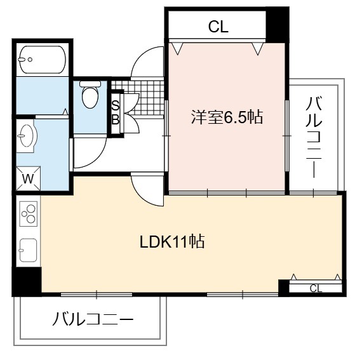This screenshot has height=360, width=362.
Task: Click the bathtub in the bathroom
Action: pos(43,60)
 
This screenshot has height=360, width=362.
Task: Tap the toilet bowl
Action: pos(90,95)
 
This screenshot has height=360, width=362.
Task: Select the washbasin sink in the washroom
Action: pos(27,136)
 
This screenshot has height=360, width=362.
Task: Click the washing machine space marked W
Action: pos(28,178)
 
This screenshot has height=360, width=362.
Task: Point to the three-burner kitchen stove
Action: pos(29,214)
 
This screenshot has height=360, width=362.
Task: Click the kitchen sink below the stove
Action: pos(28,250)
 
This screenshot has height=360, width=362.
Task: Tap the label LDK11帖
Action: pos(172,241)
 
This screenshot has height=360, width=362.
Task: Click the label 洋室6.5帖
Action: pos(227,117)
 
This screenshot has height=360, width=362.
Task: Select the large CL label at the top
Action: pos(218,27)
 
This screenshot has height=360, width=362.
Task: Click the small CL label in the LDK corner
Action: pos(316,288)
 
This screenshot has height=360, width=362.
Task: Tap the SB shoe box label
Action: pos(115,112)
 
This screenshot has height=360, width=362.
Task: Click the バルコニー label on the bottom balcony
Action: pos(93,319)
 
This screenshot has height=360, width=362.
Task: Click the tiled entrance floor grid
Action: pos(138,98)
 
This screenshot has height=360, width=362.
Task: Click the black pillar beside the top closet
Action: pos(277,25)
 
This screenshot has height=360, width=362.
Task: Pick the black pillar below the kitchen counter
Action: pos(27,281)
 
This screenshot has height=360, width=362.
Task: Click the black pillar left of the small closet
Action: pos(284,288)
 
